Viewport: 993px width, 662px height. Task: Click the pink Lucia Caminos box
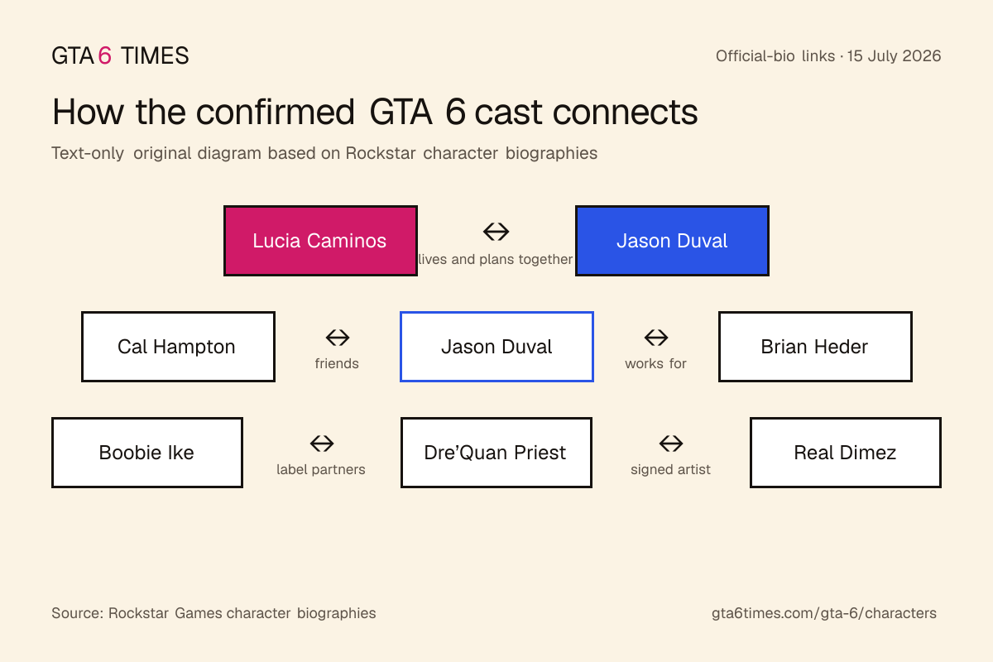tap(320, 241)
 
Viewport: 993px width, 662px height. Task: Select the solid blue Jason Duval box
tap(672, 241)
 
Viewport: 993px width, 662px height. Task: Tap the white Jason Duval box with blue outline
tap(496, 346)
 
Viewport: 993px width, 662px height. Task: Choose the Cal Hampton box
tap(178, 346)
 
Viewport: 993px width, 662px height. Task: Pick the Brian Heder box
tap(815, 346)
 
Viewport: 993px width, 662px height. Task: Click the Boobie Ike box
tap(147, 453)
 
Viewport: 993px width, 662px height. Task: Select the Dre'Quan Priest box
tap(496, 453)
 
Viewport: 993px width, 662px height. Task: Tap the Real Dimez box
tap(846, 453)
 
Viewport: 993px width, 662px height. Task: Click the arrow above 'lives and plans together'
tap(496, 232)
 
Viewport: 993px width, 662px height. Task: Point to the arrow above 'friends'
tap(338, 338)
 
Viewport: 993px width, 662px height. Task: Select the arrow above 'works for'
tap(656, 338)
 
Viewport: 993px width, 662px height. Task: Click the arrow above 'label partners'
tap(322, 444)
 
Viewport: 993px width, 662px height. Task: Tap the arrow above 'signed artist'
tap(671, 444)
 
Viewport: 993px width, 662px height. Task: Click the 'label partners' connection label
tap(321, 469)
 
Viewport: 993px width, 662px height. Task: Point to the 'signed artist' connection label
tap(670, 469)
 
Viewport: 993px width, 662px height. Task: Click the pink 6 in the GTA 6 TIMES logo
tap(104, 56)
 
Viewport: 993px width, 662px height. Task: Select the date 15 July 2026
tap(894, 56)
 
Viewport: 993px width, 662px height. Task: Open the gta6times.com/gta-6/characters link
tap(824, 613)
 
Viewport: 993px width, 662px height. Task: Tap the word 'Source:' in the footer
tap(78, 613)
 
